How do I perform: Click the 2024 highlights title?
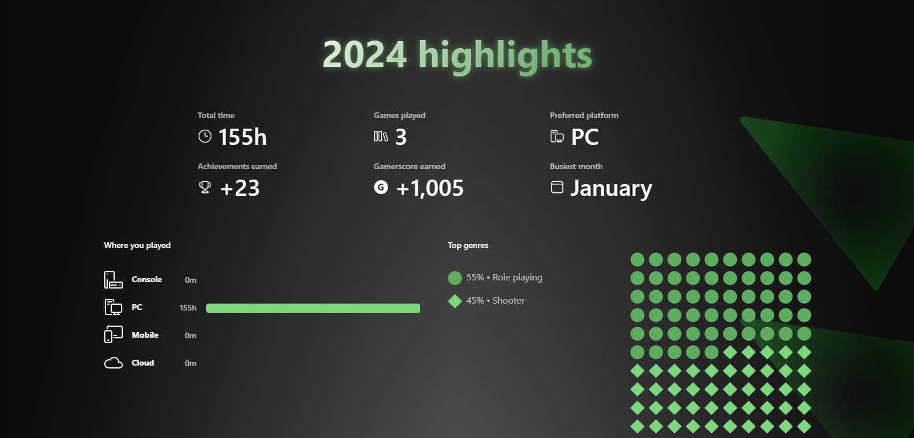click(x=457, y=56)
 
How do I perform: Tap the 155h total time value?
click(x=242, y=137)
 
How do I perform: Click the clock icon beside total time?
click(x=205, y=136)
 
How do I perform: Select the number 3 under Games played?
click(x=401, y=137)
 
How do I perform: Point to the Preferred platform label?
click(x=584, y=115)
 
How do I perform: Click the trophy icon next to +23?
click(x=205, y=187)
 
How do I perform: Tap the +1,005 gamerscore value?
click(x=430, y=188)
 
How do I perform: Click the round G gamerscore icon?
click(x=381, y=187)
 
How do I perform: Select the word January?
click(x=611, y=189)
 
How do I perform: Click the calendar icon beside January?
click(x=557, y=187)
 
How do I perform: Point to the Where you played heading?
click(x=137, y=245)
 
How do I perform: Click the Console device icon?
click(x=113, y=280)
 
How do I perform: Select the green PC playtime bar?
click(x=313, y=308)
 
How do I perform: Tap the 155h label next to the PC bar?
click(x=188, y=308)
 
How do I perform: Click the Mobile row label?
click(x=145, y=335)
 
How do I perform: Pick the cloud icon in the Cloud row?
click(x=114, y=363)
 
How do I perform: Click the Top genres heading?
click(x=468, y=245)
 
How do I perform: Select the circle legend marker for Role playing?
click(x=455, y=278)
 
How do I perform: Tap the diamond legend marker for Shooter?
click(x=455, y=301)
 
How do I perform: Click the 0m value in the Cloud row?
click(x=191, y=363)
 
